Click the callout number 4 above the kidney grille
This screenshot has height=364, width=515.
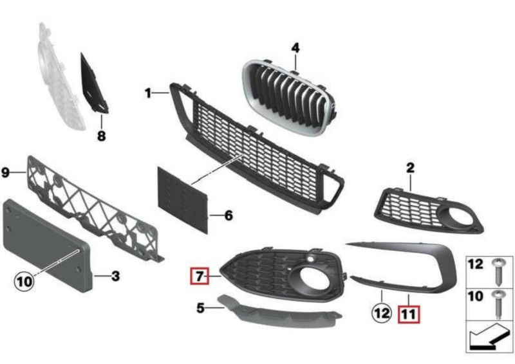[295, 48]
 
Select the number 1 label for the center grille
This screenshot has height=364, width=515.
[149, 93]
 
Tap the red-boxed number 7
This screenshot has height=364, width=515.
[200, 277]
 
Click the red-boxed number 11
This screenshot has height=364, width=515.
[409, 314]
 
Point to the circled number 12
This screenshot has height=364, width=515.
[382, 313]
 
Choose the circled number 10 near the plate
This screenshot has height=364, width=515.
[24, 282]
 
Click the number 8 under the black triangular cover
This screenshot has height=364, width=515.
[102, 136]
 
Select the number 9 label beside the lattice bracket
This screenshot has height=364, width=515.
[6, 172]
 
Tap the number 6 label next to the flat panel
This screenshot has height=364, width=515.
[229, 215]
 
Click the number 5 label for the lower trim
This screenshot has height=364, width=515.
[200, 308]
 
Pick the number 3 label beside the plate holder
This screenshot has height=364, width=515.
[115, 276]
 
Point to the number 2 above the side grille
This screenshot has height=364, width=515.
[411, 168]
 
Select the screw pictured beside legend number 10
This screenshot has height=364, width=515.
[499, 304]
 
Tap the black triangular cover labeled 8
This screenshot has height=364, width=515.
[93, 84]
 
